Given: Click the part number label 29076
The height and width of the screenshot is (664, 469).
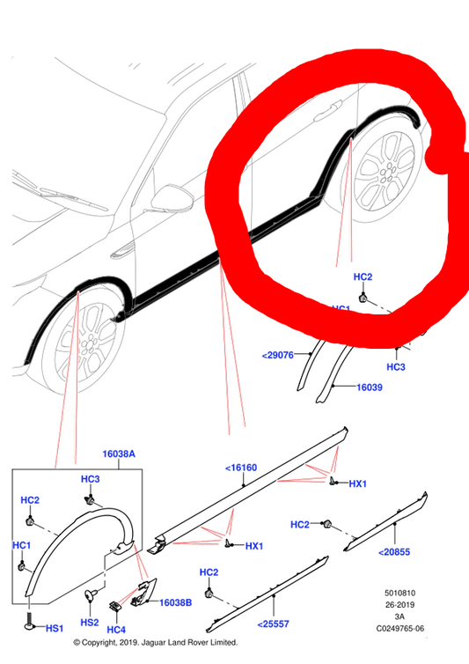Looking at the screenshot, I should pos(276,356).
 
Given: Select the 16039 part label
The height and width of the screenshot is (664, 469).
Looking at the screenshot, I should pos(370,387).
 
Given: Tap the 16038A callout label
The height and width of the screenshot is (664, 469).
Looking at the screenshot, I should pos(120,454).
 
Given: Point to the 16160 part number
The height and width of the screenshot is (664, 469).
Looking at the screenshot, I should pos(240,468).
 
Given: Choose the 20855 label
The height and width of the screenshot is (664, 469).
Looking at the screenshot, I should pos(393,552).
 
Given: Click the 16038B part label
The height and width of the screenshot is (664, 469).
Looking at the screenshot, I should pos(175,602).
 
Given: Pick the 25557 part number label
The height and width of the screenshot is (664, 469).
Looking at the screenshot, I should pos(273,623).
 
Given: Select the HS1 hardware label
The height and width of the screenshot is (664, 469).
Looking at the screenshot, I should pos(54,629).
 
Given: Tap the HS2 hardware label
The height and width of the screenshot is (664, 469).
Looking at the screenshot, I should pos(89,622).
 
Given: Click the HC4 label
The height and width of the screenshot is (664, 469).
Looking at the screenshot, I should pos(115,630).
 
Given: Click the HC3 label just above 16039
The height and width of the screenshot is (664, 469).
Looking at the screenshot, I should pos(396,366).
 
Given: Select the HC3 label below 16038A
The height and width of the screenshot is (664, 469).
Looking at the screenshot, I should pos(90,479).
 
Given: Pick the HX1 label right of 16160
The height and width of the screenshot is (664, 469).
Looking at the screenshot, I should pos(357,484).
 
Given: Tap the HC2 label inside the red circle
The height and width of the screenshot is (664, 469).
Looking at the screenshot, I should pos(363,277).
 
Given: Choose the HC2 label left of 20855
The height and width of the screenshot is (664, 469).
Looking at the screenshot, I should pos(300,525).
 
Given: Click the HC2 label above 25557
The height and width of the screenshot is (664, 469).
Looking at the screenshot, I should pos(209,572).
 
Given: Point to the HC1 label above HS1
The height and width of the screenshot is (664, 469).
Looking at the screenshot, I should pos(22,546).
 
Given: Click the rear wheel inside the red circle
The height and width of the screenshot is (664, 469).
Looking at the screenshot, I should pos(390,171).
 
